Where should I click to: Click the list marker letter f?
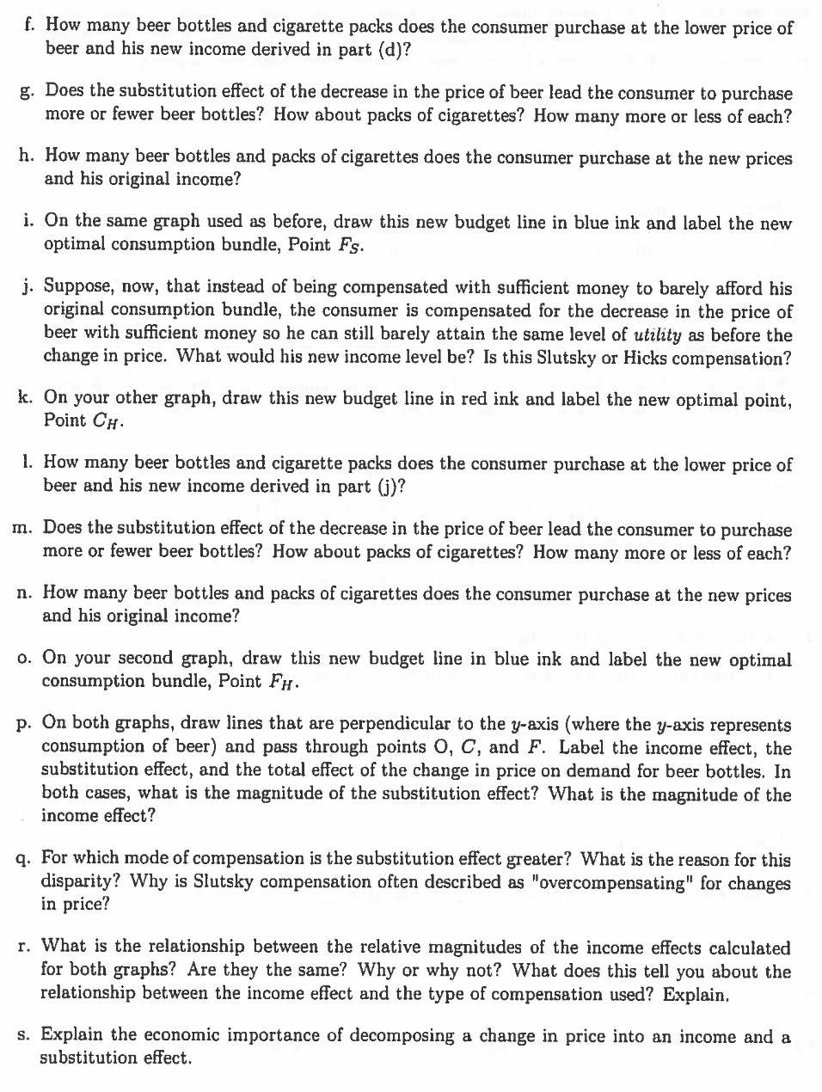[30, 26]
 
